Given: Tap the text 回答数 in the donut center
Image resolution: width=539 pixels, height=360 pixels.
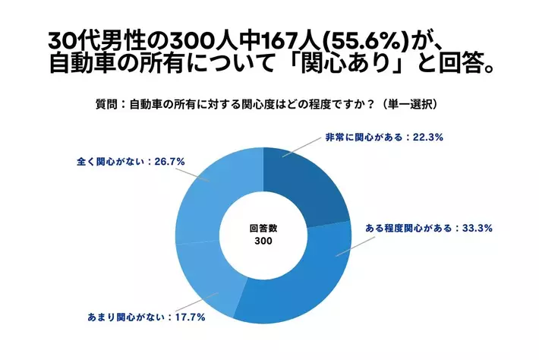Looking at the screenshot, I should tap(263, 227).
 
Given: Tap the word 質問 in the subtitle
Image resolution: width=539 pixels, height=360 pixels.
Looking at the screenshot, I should tap(107, 103).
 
